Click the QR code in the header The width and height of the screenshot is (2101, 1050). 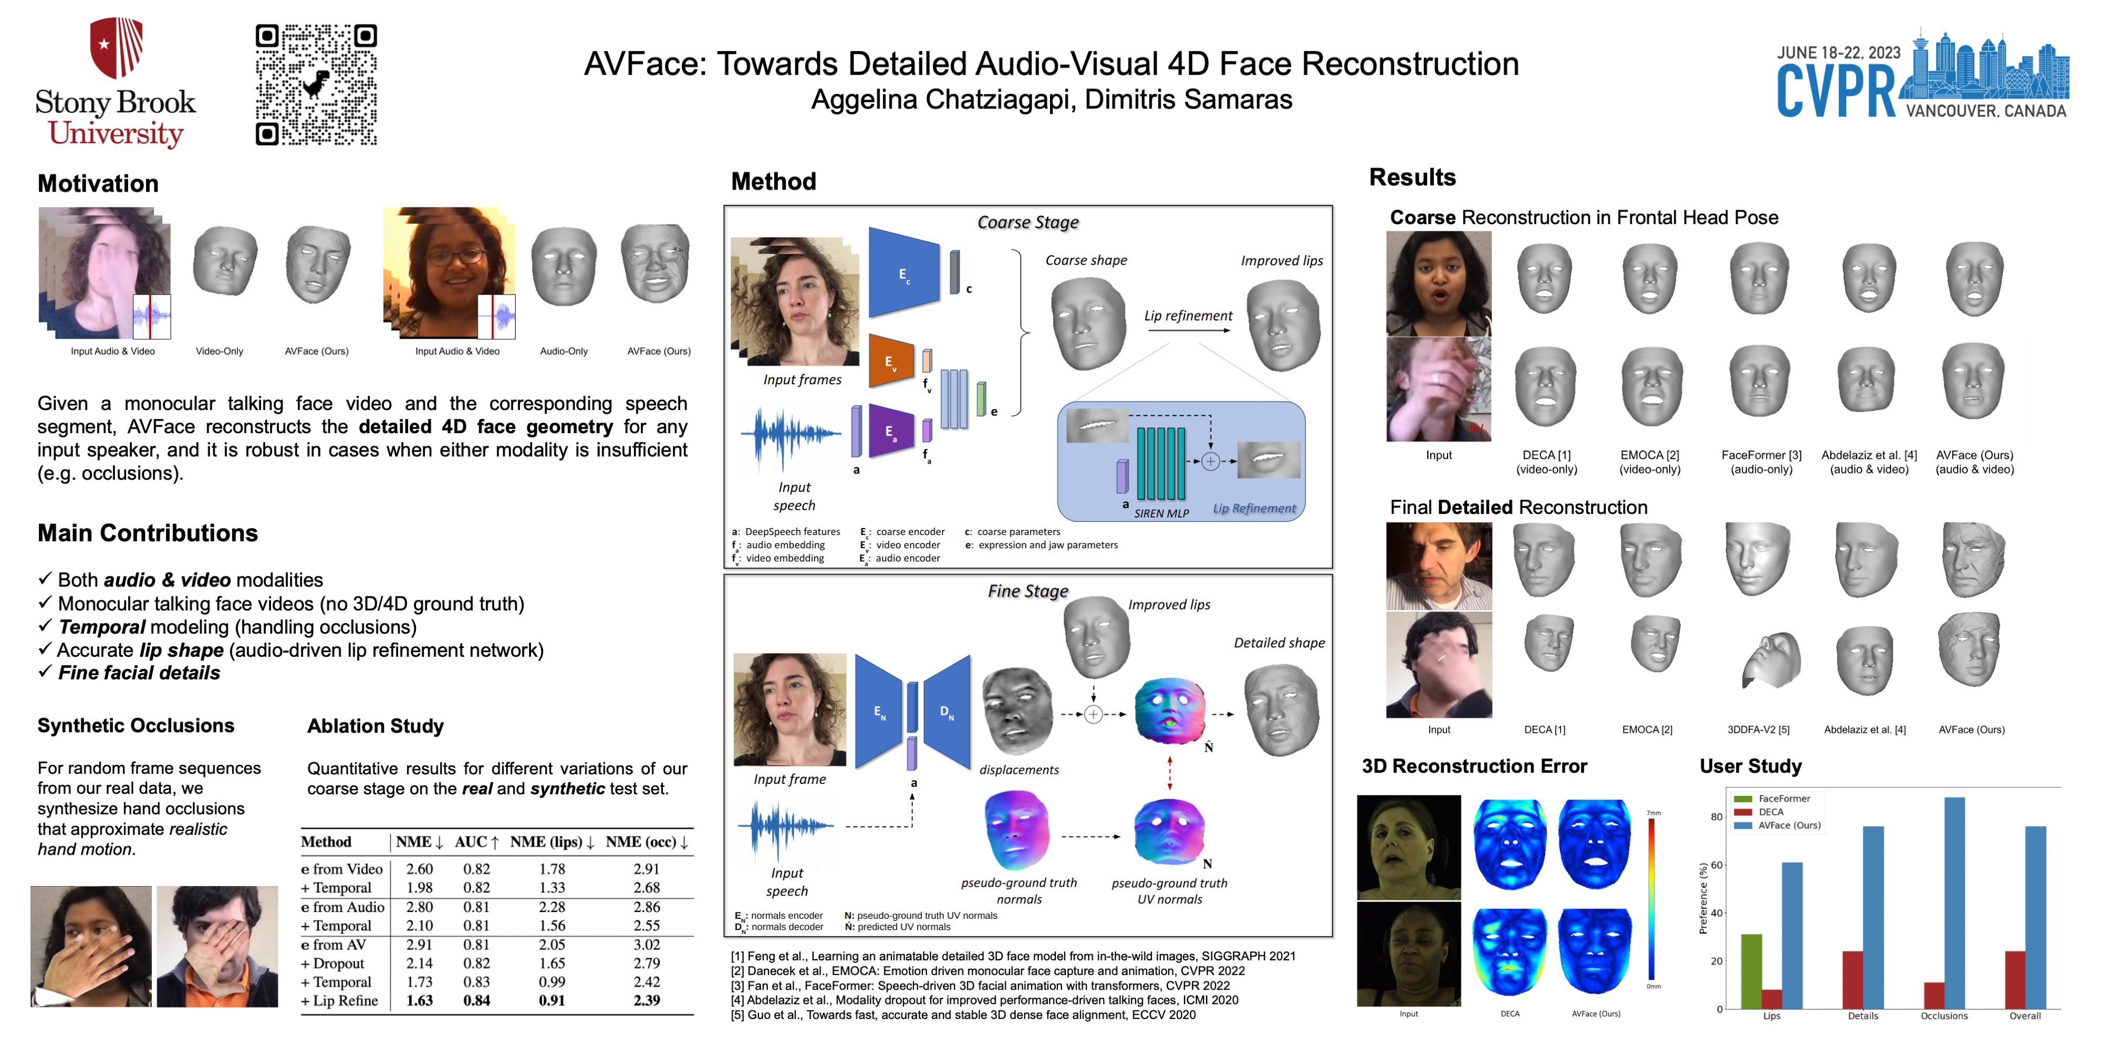point(316,84)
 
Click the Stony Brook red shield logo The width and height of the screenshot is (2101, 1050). point(117,47)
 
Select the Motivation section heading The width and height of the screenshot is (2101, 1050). point(98,183)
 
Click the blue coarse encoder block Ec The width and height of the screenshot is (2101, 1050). point(903,273)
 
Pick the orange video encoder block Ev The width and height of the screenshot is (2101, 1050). point(891,362)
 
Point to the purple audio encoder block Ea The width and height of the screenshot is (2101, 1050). point(891,431)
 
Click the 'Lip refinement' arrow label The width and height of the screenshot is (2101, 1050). point(1188,316)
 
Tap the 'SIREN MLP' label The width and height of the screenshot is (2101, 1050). point(1161,513)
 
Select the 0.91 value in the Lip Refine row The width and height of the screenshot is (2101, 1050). point(552,1000)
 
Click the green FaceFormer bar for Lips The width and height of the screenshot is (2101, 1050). point(1751,971)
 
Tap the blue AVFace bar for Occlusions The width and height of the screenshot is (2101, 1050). point(1954,902)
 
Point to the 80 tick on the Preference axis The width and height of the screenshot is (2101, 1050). point(1717,817)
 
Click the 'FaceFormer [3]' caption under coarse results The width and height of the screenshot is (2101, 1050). point(1761,455)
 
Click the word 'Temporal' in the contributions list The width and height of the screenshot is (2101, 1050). point(102,627)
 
